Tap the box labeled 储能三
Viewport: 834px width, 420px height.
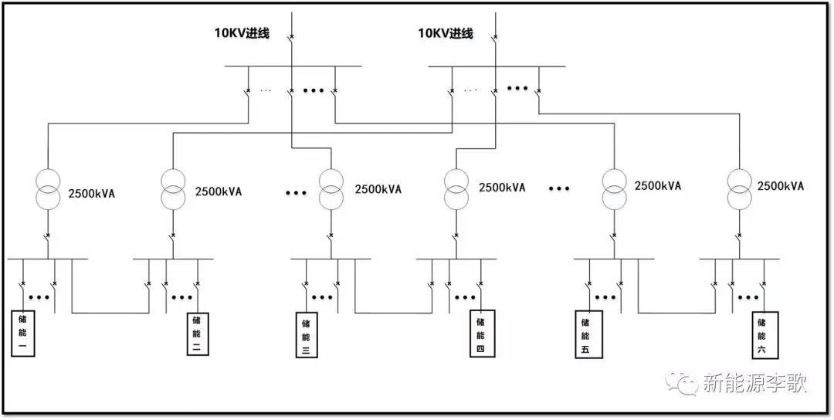point(305,334)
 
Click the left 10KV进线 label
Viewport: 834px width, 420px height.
point(242,33)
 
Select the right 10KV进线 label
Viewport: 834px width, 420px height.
point(446,33)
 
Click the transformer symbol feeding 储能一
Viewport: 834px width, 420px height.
point(47,188)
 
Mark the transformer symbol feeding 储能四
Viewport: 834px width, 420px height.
point(456,188)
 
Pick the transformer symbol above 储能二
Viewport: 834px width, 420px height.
point(173,188)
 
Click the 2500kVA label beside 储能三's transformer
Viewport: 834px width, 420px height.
point(378,189)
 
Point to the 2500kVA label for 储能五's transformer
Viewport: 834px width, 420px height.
point(658,186)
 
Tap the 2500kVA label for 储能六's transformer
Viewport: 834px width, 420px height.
point(781,186)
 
